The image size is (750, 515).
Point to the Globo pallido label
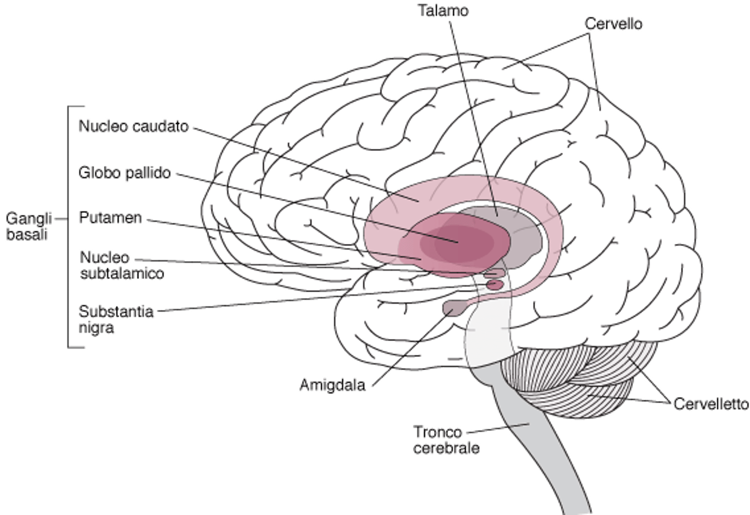125,173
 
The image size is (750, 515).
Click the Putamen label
110,218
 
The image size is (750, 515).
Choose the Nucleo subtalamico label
121,266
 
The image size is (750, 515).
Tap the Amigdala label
333,386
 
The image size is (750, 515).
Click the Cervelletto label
711,404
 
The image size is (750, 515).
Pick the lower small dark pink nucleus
494,284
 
